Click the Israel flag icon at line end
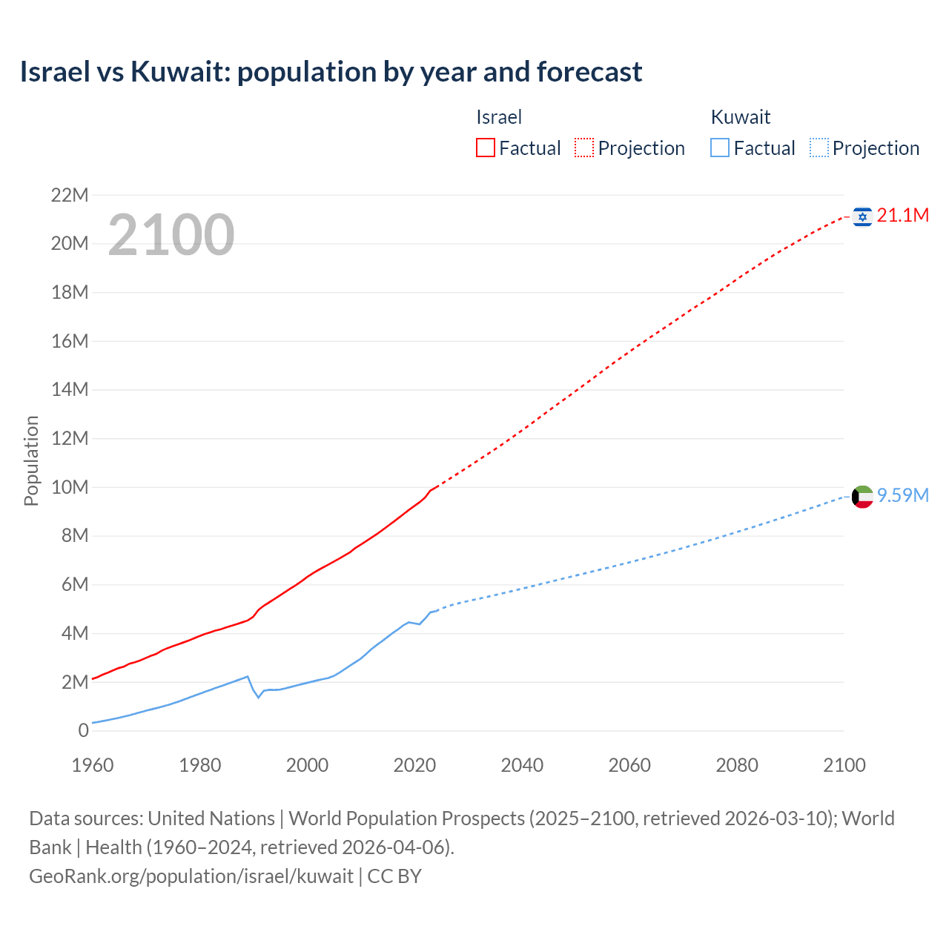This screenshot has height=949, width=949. [x=862, y=216]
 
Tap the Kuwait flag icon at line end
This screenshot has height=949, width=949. [x=862, y=497]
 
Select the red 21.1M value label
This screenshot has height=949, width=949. [x=902, y=216]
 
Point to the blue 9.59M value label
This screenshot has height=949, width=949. [x=902, y=496]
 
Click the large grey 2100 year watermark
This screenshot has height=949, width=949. [x=171, y=235]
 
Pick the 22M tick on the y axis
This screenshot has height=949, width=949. [x=70, y=196]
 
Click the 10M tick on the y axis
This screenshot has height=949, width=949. [x=70, y=488]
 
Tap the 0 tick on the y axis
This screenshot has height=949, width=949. [x=83, y=731]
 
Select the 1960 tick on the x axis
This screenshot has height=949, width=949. [x=93, y=765]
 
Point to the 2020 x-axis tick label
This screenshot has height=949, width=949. [x=414, y=765]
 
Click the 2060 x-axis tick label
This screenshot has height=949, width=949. [x=629, y=765]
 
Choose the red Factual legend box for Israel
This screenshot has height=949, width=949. [x=485, y=148]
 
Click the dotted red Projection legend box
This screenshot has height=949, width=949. [x=584, y=148]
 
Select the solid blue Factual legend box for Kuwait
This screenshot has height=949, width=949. [x=719, y=148]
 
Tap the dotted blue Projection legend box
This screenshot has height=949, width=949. [x=819, y=148]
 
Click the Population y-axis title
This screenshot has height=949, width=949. [x=31, y=460]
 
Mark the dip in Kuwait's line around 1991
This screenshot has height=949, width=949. [x=259, y=697]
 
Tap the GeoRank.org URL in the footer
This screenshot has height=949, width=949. [x=191, y=876]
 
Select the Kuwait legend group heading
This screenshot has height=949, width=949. [x=740, y=117]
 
